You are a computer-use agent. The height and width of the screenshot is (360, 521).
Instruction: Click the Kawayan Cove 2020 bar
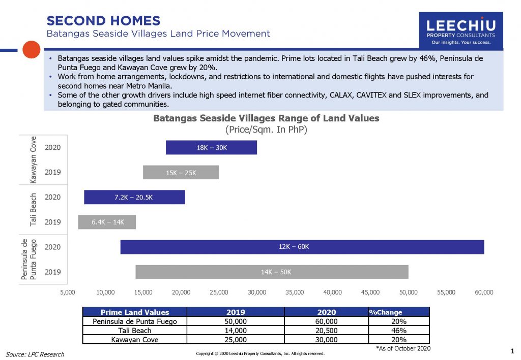[211, 148]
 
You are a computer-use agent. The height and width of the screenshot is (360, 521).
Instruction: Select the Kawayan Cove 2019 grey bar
[181, 173]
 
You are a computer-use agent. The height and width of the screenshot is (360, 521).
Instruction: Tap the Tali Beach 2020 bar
[134, 197]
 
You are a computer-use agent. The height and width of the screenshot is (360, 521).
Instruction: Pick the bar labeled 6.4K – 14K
[107, 222]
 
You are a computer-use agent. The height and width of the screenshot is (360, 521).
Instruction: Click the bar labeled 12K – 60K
[302, 247]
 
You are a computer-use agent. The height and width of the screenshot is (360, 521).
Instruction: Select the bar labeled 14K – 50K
[272, 272]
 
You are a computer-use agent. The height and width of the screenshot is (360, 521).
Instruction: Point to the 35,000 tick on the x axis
[295, 292]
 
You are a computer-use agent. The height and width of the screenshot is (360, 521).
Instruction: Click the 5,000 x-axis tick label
[68, 292]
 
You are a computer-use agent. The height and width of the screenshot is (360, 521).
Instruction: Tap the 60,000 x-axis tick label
[484, 292]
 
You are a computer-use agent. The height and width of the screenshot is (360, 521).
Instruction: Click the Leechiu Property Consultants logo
[460, 30]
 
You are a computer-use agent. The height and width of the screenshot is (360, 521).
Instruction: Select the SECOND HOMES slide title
[103, 21]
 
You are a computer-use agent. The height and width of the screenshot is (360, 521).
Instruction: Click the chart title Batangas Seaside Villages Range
[266, 118]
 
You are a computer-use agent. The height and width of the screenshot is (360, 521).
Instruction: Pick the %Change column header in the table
[385, 312]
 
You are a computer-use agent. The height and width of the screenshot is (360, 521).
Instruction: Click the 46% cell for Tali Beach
[398, 331]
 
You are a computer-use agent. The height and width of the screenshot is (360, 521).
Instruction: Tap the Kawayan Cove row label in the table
[135, 340]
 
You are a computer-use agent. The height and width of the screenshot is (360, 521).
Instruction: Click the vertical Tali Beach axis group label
[34, 209]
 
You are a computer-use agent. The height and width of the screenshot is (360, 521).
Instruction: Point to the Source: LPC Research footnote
[35, 354]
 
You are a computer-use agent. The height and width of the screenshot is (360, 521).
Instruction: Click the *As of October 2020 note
[403, 348]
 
